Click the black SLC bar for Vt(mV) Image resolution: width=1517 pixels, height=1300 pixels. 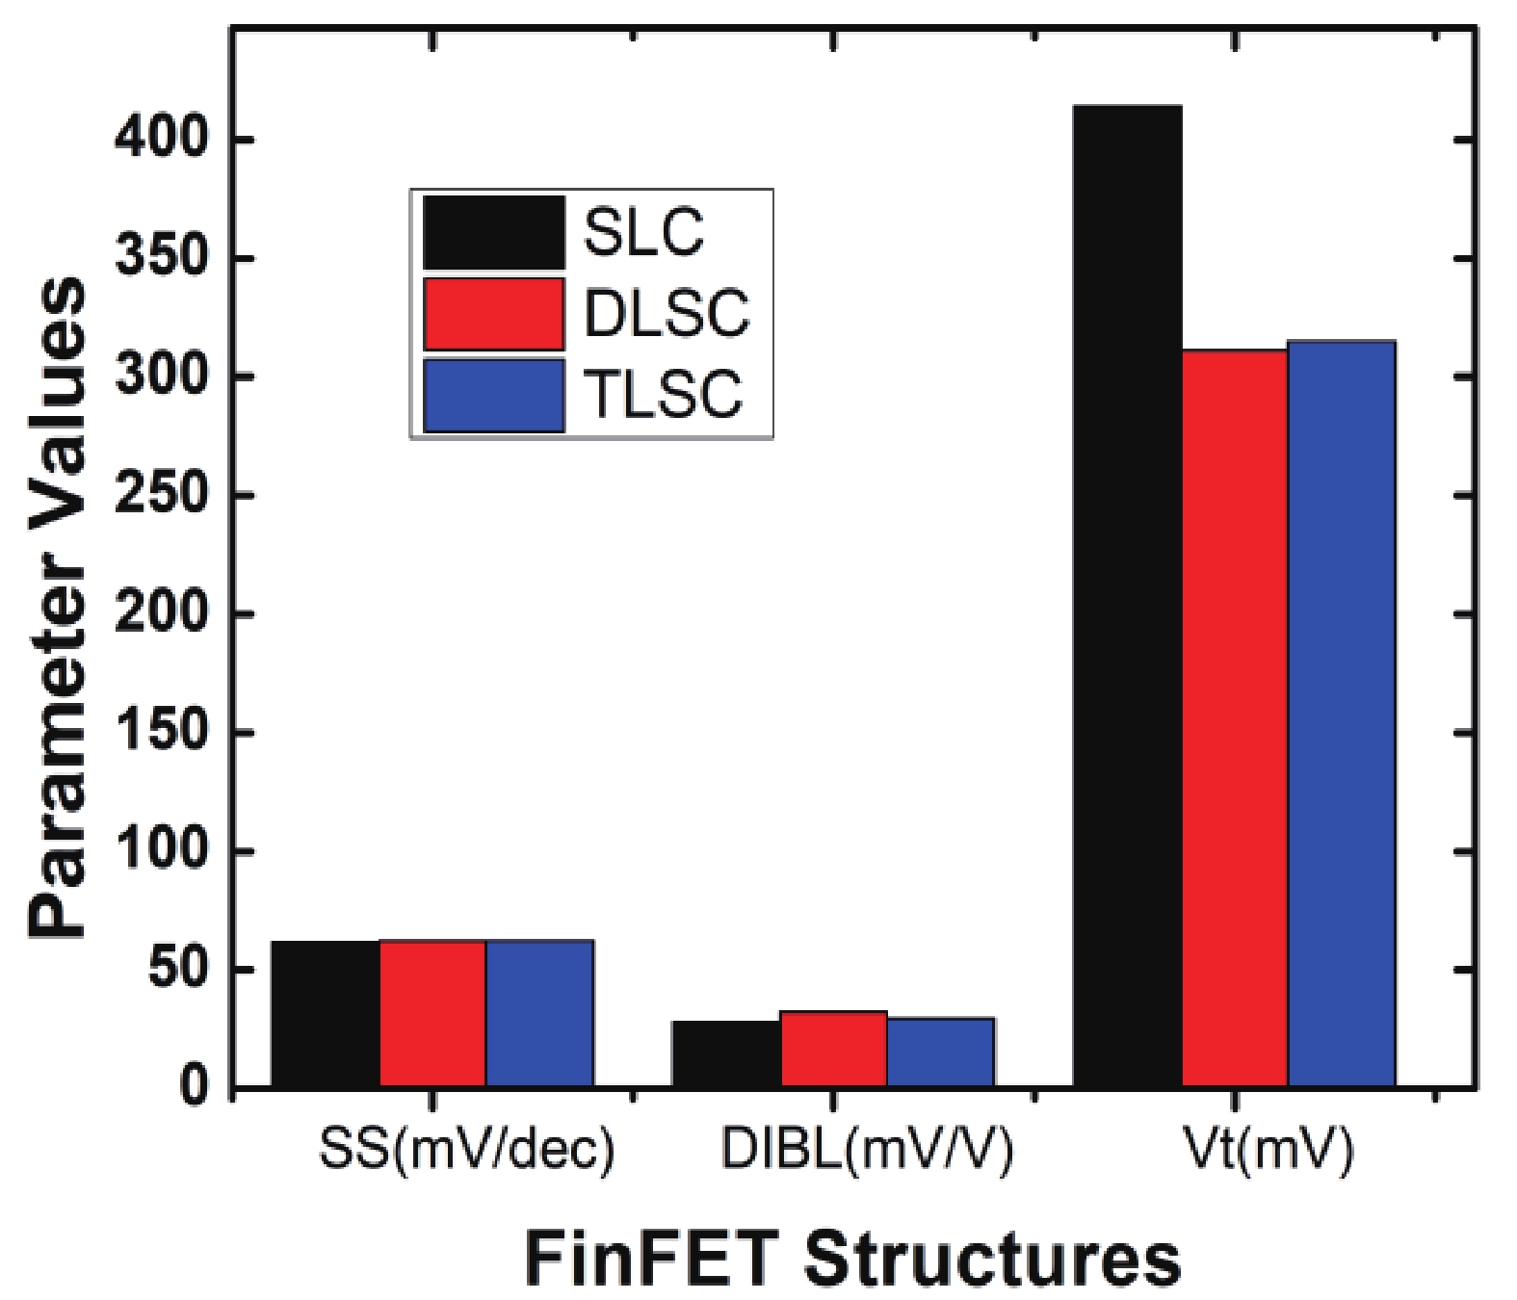point(1127,597)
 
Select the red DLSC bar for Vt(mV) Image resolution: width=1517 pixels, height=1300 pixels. point(1235,717)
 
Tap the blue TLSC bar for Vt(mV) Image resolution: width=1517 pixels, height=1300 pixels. point(1342,713)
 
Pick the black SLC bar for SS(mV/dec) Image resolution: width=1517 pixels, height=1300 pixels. point(325,1013)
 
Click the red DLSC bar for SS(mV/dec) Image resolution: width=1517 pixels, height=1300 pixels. point(432,1013)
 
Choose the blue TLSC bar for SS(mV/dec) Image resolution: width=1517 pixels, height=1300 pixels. point(539,1013)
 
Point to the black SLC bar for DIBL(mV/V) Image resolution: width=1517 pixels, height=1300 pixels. point(725,1053)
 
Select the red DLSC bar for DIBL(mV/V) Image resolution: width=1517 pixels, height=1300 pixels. point(833,1049)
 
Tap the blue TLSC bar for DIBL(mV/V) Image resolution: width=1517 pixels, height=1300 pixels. point(940,1052)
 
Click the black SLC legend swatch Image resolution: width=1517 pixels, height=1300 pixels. point(493,233)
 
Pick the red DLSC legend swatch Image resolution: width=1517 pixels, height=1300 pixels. point(493,314)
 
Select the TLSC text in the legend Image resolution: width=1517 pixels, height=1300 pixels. point(664,394)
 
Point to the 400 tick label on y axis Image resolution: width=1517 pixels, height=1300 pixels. point(161,140)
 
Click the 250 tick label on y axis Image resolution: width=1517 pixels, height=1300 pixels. point(161,495)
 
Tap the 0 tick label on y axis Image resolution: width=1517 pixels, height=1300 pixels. point(192,1087)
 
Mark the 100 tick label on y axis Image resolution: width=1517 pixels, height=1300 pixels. point(161,850)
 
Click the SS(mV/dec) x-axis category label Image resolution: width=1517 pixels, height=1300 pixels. point(466,1149)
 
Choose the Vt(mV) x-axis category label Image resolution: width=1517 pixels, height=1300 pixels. point(1269,1149)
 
